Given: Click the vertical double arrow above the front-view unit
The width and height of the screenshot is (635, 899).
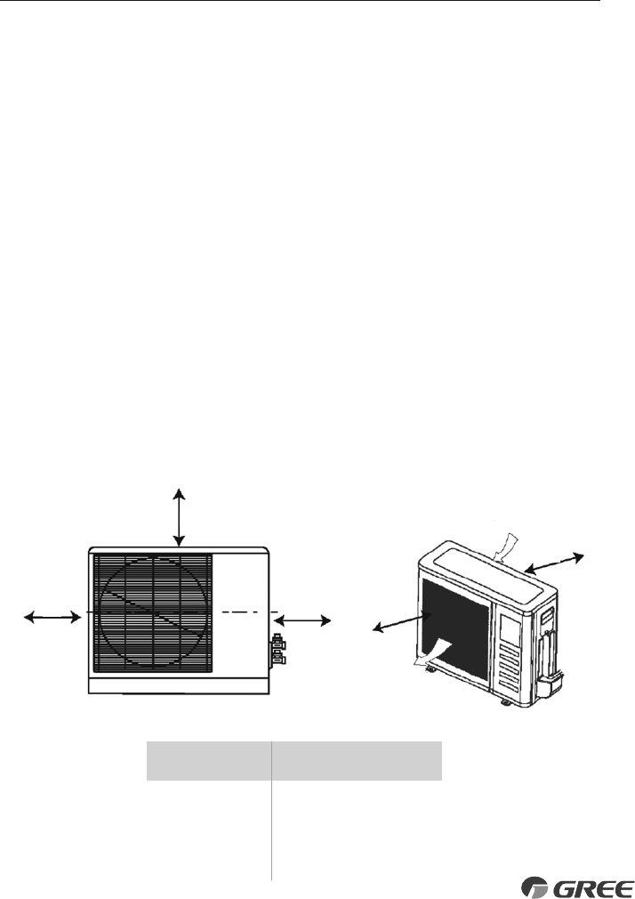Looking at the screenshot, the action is point(180,516).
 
